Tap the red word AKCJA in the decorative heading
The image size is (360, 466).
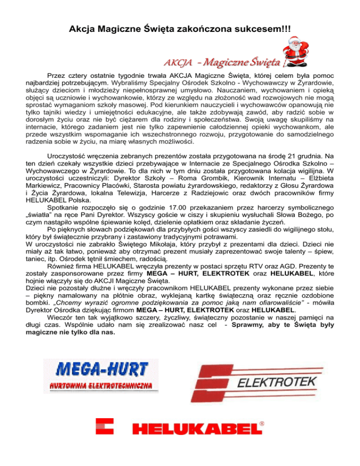click(x=175, y=63)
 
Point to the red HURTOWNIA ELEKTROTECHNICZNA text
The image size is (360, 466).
click(x=101, y=386)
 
